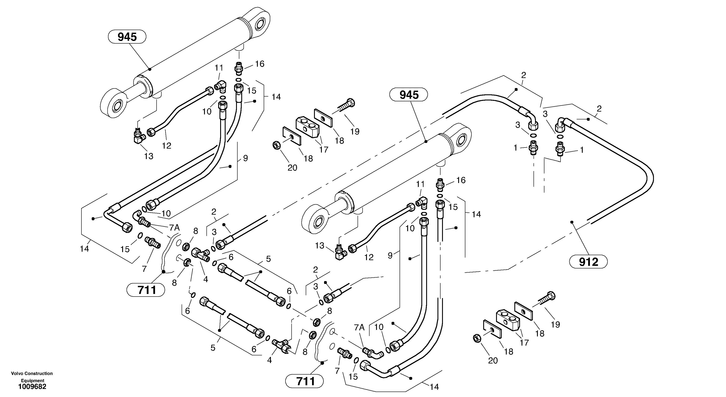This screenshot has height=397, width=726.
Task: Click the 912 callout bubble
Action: [588, 262]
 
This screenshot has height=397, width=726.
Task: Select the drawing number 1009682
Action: [32, 387]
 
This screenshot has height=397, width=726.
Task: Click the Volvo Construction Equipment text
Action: [32, 377]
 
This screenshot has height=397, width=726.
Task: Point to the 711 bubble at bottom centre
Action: [304, 382]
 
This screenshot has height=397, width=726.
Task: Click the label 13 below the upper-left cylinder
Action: [149, 156]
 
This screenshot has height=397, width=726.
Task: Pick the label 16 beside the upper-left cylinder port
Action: [260, 64]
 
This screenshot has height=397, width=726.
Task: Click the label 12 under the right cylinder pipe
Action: [369, 257]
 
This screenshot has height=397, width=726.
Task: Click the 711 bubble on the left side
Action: [146, 290]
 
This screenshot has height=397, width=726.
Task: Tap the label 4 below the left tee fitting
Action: [206, 279]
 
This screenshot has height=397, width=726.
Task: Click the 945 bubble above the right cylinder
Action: [408, 95]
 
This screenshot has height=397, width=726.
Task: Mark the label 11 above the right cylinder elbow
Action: [420, 184]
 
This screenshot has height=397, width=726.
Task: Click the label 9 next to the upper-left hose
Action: [245, 158]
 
